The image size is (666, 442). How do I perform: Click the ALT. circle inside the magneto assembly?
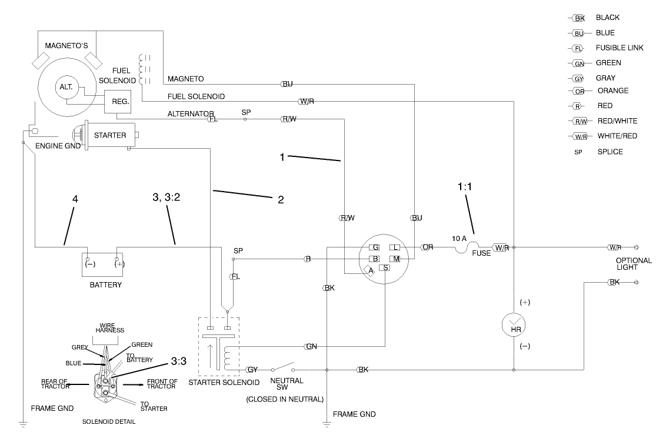(x=65, y=86)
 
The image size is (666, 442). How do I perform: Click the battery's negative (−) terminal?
(x=88, y=264)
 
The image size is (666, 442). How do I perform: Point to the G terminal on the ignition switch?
(x=375, y=247)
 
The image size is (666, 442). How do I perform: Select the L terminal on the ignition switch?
(x=396, y=247)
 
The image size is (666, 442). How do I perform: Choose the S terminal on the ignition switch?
(x=385, y=268)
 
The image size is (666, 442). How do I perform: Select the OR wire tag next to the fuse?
(x=428, y=247)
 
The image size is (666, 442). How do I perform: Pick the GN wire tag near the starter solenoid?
(x=311, y=347)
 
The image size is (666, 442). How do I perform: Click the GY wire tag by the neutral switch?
(x=252, y=370)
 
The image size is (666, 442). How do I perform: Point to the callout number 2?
(x=281, y=200)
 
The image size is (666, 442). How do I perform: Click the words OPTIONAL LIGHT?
(x=634, y=264)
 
